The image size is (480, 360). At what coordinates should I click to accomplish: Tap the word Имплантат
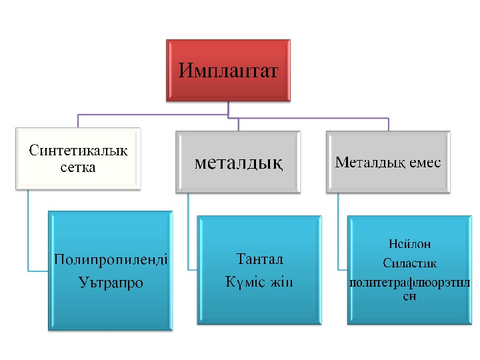[228, 69]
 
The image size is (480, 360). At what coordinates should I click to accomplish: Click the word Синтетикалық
[78, 150]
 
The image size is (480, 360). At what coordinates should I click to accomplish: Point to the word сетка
[78, 167]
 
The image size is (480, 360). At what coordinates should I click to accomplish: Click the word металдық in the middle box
[239, 163]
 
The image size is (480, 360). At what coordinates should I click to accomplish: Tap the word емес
[419, 163]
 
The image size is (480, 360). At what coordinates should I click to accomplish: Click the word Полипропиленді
[111, 259]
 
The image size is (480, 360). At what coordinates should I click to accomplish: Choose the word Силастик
[409, 263]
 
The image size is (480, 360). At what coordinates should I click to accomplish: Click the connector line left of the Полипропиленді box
[29, 233]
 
